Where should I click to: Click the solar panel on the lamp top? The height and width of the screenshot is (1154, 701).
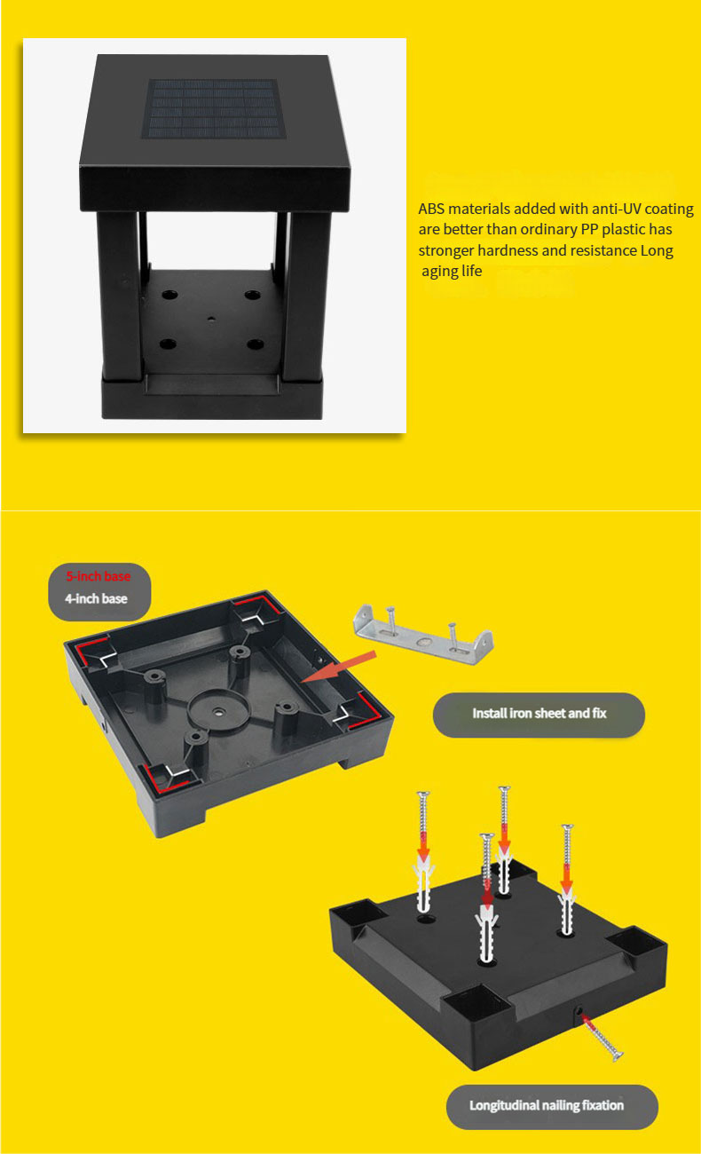(x=214, y=108)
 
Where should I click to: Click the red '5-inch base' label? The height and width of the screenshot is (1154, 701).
(x=98, y=576)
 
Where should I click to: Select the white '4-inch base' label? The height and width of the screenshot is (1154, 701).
(x=97, y=598)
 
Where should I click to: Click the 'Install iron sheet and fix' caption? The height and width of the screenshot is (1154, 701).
(x=540, y=713)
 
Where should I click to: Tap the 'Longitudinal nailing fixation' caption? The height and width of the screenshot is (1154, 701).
(x=547, y=1105)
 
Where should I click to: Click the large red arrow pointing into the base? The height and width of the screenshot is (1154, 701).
(x=338, y=668)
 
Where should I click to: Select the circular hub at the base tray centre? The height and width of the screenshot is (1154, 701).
(x=218, y=711)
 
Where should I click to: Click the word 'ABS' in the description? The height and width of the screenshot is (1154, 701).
(x=431, y=209)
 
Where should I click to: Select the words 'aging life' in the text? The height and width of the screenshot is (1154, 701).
(x=452, y=271)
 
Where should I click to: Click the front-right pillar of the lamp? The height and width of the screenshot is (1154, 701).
(x=308, y=296)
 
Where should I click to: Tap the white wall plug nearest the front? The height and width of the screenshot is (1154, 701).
(x=487, y=931)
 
